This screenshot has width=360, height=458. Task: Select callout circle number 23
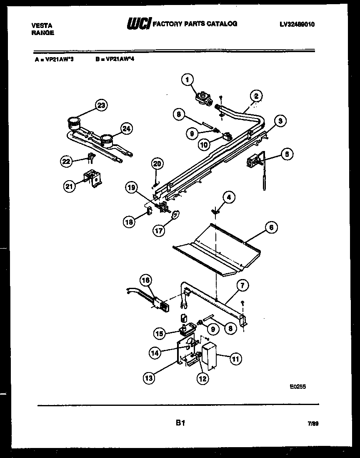pyautogui.click(x=100, y=106)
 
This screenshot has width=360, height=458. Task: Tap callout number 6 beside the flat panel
pyautogui.click(x=271, y=227)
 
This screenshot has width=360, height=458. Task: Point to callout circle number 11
pyautogui.click(x=236, y=358)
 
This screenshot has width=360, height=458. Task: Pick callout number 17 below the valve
pyautogui.click(x=158, y=230)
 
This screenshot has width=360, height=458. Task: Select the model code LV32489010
pyautogui.click(x=297, y=25)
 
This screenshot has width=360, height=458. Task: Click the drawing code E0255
pyautogui.click(x=298, y=387)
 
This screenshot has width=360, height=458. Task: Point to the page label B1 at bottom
pyautogui.click(x=180, y=423)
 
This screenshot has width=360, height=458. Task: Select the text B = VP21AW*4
pyautogui.click(x=115, y=60)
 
